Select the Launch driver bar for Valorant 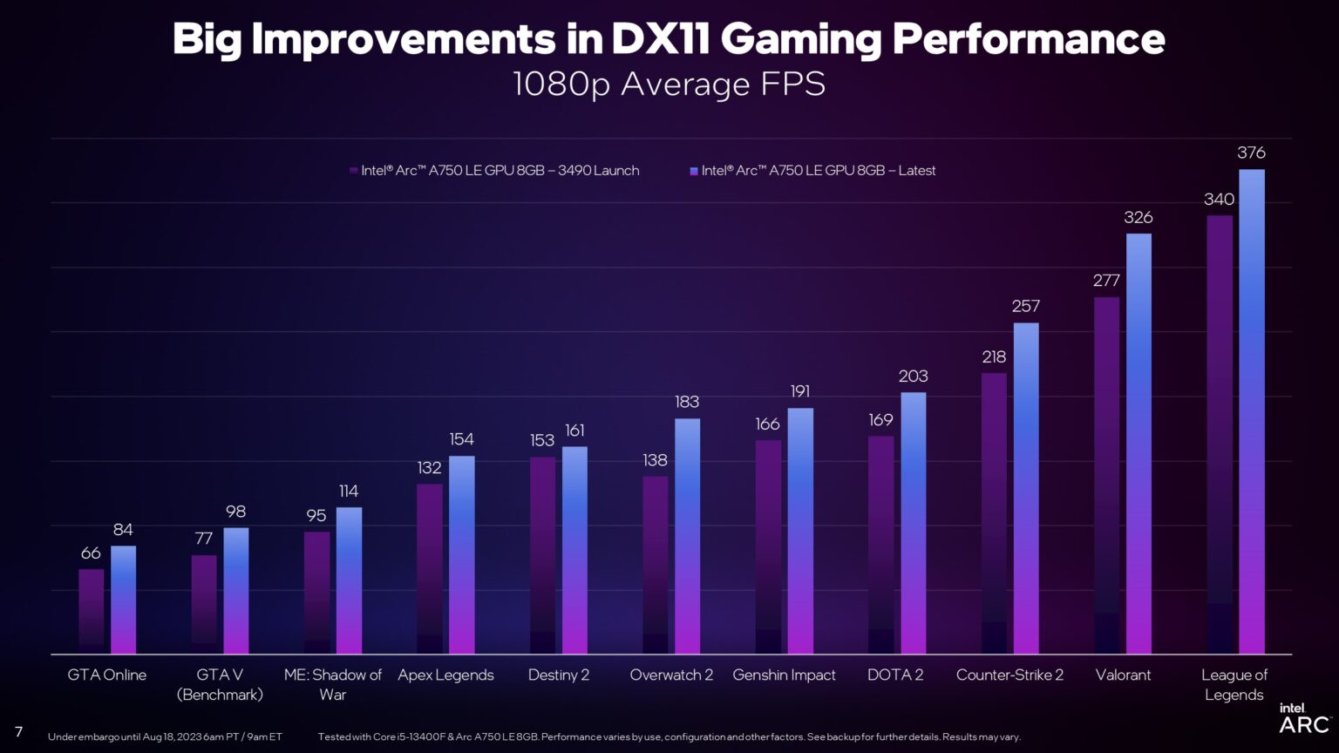(1106, 475)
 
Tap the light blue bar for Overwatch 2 (687, 536)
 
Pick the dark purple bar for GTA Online (92, 610)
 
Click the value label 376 (1251, 153)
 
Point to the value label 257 (1025, 306)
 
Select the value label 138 (655, 460)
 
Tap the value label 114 (349, 492)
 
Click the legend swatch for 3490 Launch (354, 171)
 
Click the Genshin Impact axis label (784, 675)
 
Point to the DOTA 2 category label (895, 675)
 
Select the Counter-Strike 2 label (1009, 675)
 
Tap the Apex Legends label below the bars (445, 675)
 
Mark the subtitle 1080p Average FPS (669, 85)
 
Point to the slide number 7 (18, 731)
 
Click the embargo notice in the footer (165, 737)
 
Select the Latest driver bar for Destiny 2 (574, 550)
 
